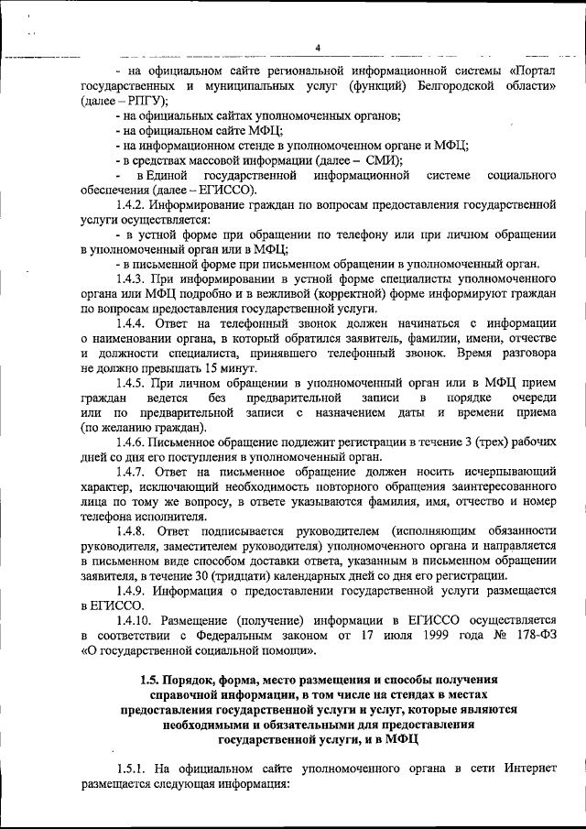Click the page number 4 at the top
(x=317, y=48)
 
